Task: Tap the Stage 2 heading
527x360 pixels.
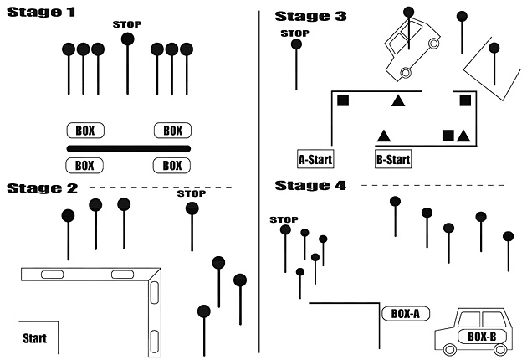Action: (x=42, y=188)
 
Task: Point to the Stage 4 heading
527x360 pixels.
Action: (x=310, y=185)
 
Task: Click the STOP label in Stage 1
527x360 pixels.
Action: (x=126, y=24)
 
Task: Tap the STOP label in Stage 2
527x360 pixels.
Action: (x=192, y=194)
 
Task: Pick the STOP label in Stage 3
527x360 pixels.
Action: (x=295, y=33)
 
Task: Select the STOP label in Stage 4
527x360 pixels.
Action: (x=284, y=219)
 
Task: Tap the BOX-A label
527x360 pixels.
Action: (x=406, y=314)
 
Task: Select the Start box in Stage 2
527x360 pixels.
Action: (x=35, y=338)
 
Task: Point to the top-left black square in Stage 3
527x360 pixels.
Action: (x=342, y=101)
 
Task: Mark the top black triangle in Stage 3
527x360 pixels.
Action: (x=399, y=102)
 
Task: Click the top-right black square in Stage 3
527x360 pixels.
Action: (x=465, y=101)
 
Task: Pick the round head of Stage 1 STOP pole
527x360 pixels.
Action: (x=127, y=39)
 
